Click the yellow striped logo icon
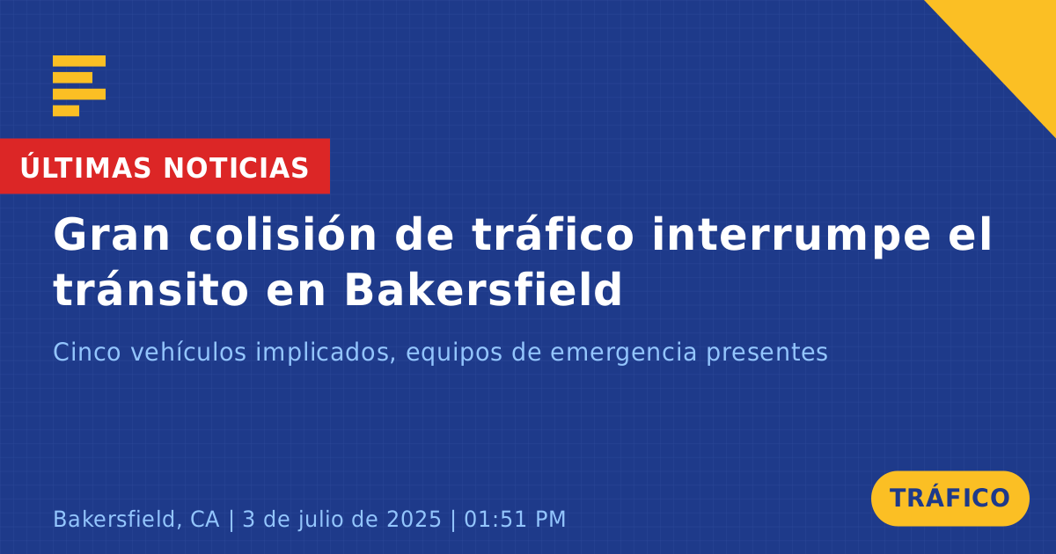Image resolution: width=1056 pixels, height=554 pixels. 79,86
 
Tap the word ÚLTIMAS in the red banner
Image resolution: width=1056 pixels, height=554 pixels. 85,167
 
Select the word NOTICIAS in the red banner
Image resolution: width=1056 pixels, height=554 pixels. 236,168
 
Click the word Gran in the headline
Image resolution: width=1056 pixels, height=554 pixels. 111,235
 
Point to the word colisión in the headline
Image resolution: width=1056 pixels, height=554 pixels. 282,233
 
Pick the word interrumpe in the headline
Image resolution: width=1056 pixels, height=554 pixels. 791,236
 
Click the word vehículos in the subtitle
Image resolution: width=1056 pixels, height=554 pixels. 188,352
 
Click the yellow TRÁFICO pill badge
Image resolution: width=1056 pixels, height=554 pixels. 950,498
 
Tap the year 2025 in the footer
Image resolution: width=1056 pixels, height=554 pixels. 414,519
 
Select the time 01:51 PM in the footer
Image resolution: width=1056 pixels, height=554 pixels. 515,519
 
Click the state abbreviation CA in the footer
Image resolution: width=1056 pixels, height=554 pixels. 204,519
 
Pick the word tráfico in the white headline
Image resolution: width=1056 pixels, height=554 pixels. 553,233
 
